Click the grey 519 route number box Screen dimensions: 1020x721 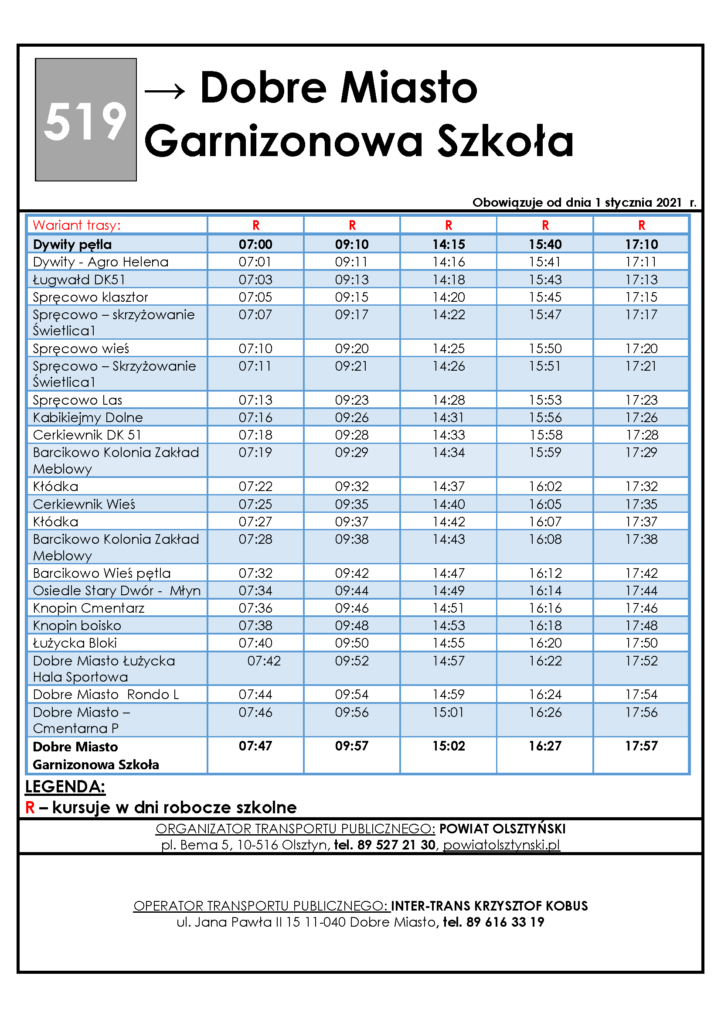point(86,119)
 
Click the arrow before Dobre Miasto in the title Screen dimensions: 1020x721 point(165,91)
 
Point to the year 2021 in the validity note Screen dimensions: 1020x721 point(669,203)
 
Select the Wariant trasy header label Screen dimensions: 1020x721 point(76,225)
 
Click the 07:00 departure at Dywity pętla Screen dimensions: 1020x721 point(255,244)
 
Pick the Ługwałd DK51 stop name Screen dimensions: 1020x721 point(79,280)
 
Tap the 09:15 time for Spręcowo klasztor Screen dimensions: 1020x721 point(352,297)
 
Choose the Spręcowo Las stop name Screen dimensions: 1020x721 point(77,400)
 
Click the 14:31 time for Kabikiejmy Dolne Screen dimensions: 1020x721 point(449,417)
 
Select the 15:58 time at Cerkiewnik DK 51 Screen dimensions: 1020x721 point(545,434)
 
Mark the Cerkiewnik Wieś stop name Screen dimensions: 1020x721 point(84,504)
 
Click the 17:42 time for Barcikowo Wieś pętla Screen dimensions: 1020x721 point(641,573)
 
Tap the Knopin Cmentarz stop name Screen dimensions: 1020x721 point(88,608)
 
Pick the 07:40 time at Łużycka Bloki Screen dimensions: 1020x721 point(255,642)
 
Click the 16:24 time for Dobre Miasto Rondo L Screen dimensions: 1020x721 point(545,694)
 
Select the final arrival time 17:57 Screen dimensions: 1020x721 point(641,746)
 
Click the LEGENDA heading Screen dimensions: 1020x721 point(65,786)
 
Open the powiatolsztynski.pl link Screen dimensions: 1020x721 point(501,845)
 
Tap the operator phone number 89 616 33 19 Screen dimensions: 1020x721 point(505,922)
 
